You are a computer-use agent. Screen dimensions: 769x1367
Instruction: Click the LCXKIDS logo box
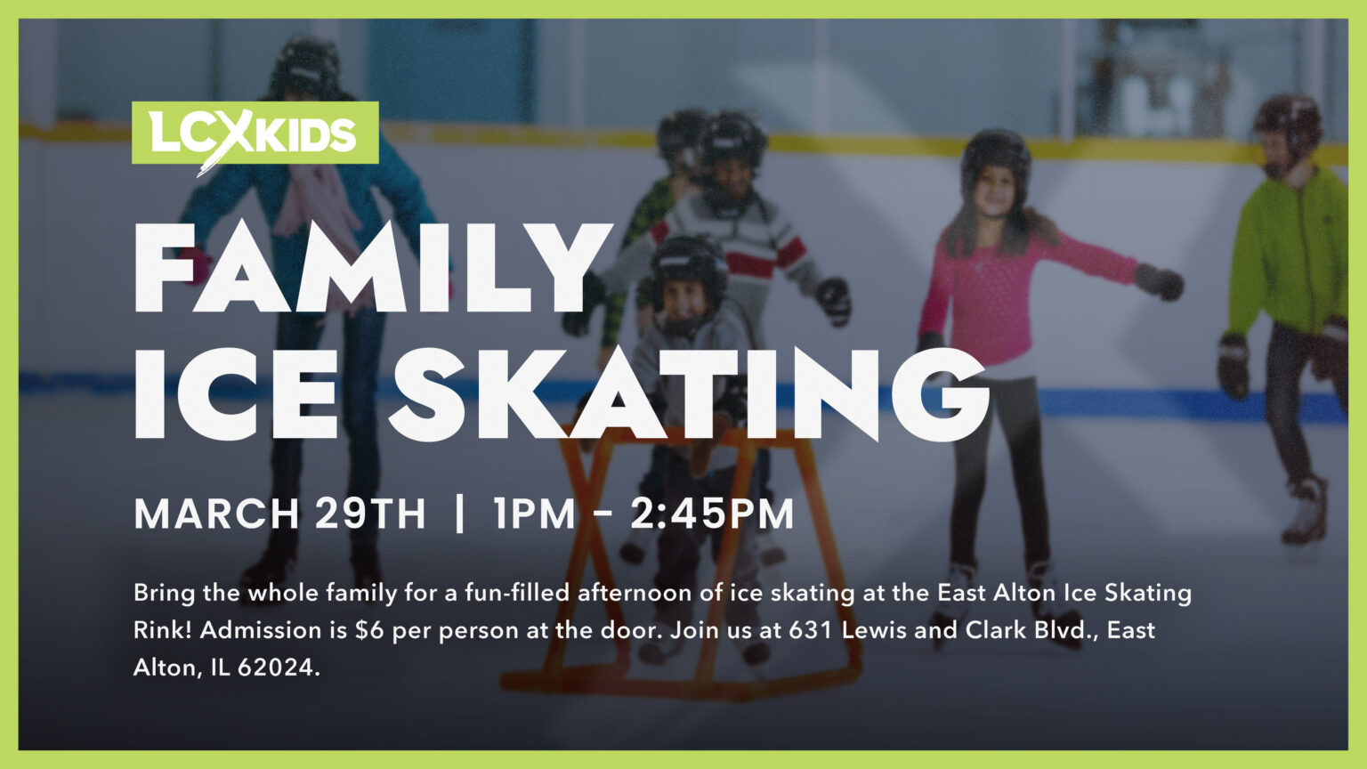tap(255, 133)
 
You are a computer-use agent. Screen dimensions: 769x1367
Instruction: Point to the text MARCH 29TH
tap(279, 514)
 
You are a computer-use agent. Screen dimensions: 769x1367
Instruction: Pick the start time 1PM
tap(534, 514)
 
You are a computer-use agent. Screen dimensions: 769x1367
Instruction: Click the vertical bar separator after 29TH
tap(459, 514)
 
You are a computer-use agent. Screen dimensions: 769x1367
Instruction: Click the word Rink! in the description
tap(163, 630)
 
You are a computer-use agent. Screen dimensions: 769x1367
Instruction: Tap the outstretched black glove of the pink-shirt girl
tap(1161, 282)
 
